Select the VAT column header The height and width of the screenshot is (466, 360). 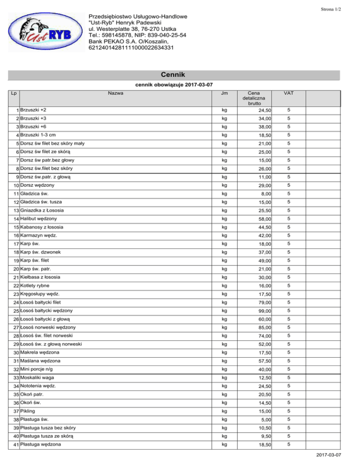click(x=289, y=93)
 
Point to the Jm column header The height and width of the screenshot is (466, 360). click(x=225, y=93)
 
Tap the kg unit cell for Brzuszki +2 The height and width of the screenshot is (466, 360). click(x=225, y=111)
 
